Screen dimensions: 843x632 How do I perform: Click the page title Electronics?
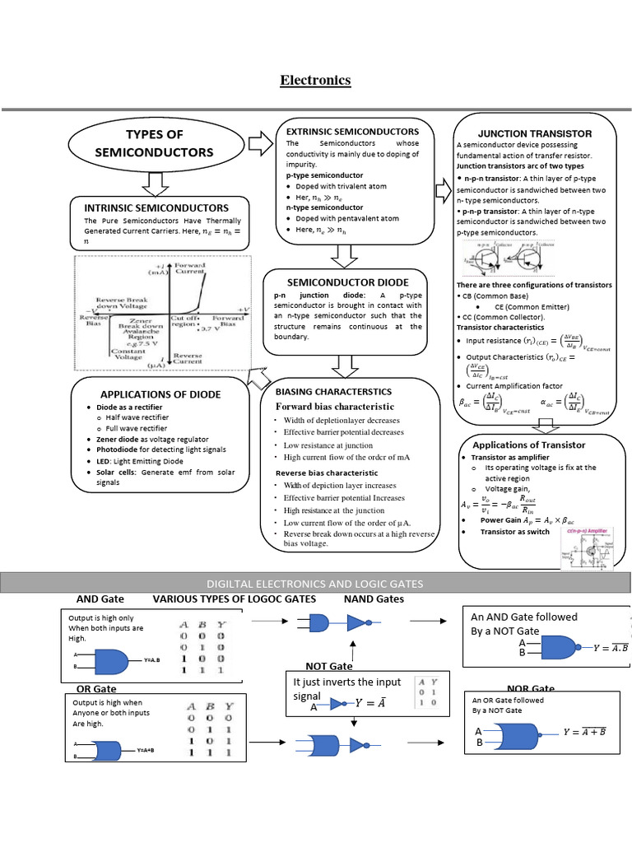point(315,80)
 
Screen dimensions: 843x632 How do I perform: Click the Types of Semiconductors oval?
point(154,143)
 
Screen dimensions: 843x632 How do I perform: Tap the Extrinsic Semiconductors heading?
point(352,132)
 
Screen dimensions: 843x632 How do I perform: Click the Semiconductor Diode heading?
point(346,282)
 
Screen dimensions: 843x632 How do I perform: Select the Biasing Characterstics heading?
point(333,391)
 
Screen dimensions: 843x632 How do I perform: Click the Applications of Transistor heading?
point(528,445)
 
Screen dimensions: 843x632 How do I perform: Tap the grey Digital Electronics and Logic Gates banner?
point(316,583)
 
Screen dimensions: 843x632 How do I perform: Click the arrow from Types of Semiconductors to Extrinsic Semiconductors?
point(260,145)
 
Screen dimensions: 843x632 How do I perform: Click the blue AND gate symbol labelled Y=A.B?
point(111,660)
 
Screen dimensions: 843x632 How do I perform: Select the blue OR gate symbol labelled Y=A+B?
point(110,751)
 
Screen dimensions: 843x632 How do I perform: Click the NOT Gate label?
point(329,665)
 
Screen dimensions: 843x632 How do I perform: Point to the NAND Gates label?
point(374,598)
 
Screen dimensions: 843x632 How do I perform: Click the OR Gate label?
point(96,688)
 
